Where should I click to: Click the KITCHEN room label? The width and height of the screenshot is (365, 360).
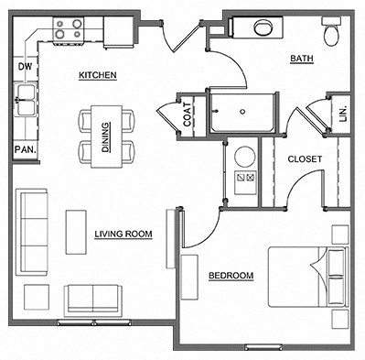pos(97,75)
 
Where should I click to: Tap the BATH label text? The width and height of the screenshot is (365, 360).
pos(301,60)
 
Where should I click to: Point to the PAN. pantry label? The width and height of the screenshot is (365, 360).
pos(24,149)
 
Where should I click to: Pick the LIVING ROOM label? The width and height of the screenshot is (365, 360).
pos(123,235)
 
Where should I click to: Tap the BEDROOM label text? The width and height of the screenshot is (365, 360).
pos(231,276)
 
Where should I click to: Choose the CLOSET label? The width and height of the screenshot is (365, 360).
pos(305,159)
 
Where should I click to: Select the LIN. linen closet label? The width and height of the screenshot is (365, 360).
pos(343,115)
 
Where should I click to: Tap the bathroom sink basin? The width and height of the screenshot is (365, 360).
pos(267,27)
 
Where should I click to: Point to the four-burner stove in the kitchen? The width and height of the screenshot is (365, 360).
pos(67,30)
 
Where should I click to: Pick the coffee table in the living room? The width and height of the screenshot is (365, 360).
pos(76,232)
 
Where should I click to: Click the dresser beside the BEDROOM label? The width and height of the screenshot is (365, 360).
pos(190,277)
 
